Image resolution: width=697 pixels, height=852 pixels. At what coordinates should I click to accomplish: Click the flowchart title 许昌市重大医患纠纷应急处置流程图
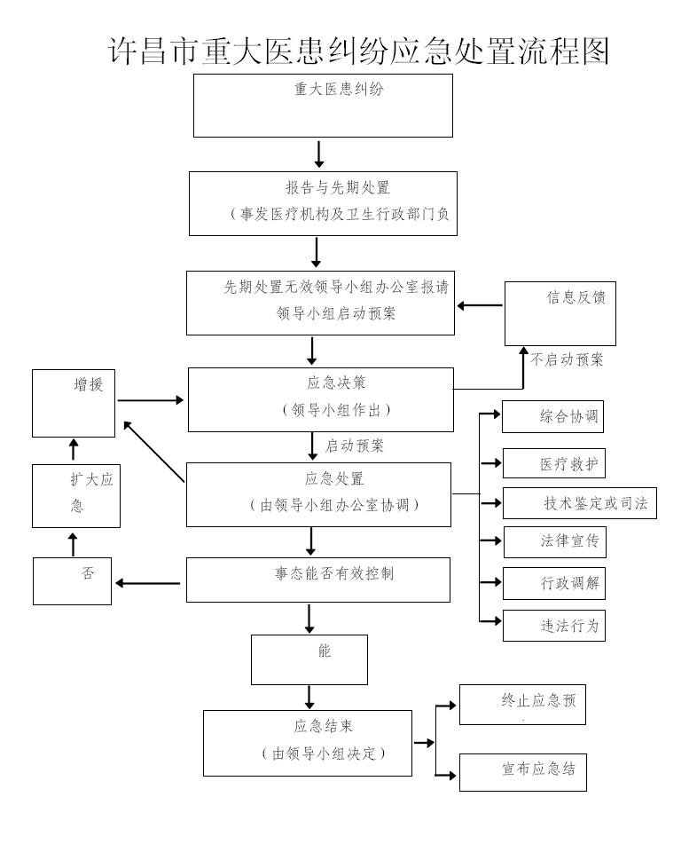click(x=358, y=51)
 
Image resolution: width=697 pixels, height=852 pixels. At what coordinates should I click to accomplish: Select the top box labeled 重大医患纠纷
click(x=323, y=105)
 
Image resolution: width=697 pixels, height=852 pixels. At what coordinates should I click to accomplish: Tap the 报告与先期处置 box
click(x=323, y=203)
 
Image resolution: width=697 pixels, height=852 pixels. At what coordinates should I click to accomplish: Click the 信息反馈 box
click(x=560, y=312)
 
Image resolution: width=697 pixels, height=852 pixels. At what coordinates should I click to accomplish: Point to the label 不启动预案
click(x=568, y=360)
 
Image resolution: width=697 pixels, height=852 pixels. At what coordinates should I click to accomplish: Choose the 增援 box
click(x=74, y=403)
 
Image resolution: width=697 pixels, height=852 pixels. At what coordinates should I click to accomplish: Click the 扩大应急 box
click(x=76, y=494)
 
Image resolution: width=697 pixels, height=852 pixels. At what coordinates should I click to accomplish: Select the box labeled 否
click(x=73, y=580)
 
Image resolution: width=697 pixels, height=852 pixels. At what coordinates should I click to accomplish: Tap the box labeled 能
click(x=309, y=659)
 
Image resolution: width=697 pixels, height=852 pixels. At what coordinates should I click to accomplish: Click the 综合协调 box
click(x=552, y=417)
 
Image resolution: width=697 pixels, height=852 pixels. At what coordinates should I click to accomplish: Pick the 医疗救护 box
click(x=553, y=463)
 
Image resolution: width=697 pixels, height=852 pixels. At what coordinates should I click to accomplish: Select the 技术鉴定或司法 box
click(x=579, y=503)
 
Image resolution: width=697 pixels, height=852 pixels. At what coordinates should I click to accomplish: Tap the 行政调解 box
click(x=553, y=584)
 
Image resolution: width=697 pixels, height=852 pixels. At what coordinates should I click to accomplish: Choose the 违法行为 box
click(x=553, y=625)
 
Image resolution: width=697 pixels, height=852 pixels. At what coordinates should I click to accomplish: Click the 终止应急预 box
click(x=521, y=705)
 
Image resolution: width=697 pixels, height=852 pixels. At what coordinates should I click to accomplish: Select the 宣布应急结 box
click(x=522, y=771)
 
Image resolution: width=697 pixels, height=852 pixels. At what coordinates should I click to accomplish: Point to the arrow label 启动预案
click(x=355, y=446)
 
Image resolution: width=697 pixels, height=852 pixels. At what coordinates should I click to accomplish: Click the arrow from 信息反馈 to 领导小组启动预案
click(x=480, y=306)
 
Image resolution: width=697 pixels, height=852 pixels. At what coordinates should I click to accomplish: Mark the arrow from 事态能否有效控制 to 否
click(x=148, y=583)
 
